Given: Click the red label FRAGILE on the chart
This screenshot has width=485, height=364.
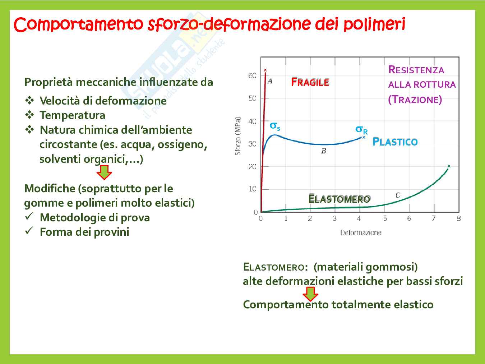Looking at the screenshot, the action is tap(310, 82).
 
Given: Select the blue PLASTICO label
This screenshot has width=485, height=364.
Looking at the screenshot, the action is tap(395, 142).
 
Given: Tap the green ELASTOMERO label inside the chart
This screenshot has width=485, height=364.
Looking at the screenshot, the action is tap(339, 199).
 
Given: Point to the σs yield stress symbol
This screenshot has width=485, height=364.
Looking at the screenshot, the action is tap(275, 126).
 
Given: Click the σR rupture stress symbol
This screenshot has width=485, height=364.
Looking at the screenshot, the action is tap(361, 130).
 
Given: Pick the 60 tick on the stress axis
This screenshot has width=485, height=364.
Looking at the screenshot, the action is tap(252, 75).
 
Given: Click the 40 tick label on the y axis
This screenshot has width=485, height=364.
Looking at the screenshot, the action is tap(252, 121).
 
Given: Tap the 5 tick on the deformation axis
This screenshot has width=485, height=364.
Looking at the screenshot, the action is tap(385, 218).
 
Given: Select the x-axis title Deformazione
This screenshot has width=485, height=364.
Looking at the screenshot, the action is tap(361, 232).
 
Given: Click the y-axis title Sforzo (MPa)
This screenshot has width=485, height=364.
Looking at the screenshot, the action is tap(237, 136).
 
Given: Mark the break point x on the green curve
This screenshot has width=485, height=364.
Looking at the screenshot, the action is tap(449, 166).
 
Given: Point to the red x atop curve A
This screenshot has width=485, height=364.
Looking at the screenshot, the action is tap(265, 70).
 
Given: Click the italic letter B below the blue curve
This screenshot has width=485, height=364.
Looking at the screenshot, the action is tap(323, 151).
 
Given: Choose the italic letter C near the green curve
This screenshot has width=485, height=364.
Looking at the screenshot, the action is tap(398, 195).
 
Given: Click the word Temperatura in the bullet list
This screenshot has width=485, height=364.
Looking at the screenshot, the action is tap(73, 115).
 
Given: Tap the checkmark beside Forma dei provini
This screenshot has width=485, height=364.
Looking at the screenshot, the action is tap(29, 231).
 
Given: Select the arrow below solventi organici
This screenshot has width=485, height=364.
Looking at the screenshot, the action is tap(104, 172).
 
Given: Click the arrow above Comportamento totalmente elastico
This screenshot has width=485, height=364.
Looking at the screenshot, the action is tap(310, 294).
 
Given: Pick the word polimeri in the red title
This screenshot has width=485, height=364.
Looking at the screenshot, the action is tap(374, 24).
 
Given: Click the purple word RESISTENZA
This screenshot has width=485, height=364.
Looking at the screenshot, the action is tap(416, 70).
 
